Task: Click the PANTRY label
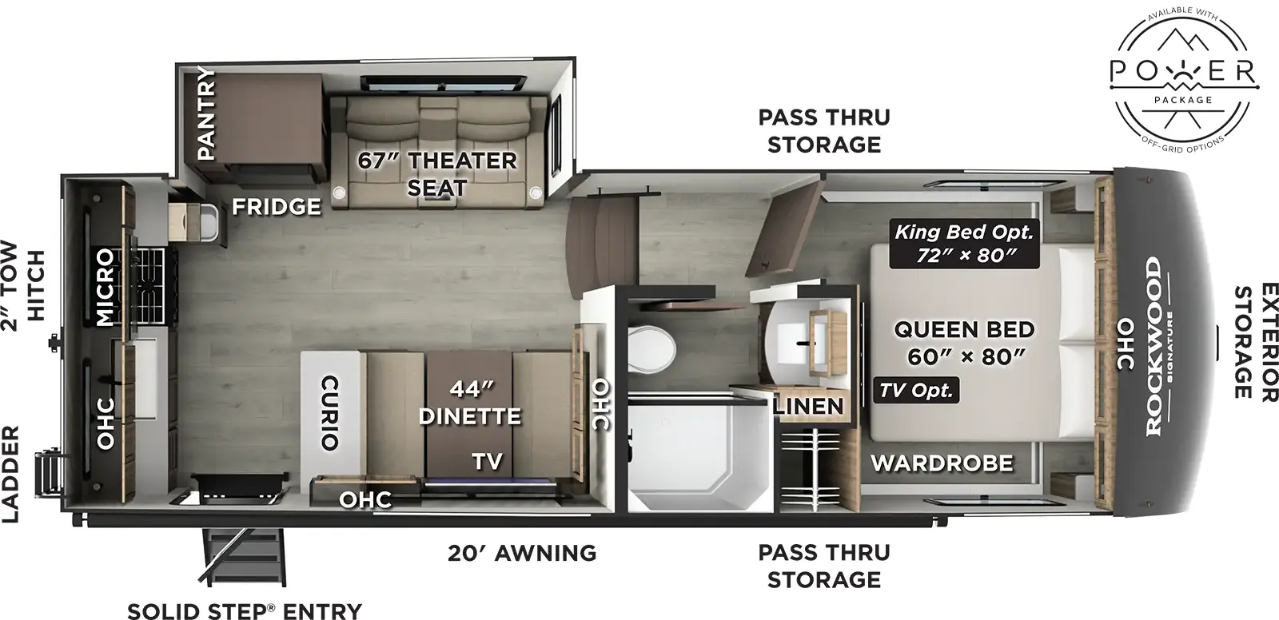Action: [206, 113]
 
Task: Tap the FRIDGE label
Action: [277, 207]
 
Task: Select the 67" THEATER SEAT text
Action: [436, 173]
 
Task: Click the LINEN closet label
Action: [808, 406]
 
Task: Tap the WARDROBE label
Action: [942, 462]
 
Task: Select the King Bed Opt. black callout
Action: [964, 244]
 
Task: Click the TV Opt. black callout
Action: [916, 391]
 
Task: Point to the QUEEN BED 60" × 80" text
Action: [964, 342]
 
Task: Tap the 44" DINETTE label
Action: [469, 403]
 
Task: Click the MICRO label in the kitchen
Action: [105, 288]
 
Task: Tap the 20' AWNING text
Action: [521, 552]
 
